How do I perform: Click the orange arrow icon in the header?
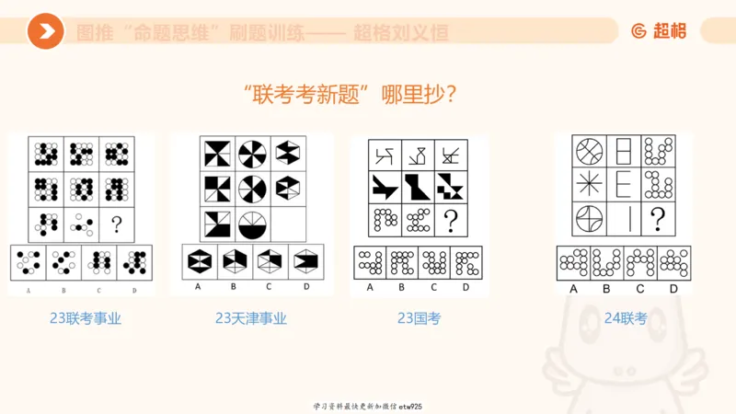(45, 32)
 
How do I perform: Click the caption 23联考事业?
(86, 319)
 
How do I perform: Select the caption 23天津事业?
(251, 319)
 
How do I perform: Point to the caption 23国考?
(419, 318)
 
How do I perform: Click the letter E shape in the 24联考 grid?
(622, 185)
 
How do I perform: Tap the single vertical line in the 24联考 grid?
(622, 219)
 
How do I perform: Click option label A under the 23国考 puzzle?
(370, 286)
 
